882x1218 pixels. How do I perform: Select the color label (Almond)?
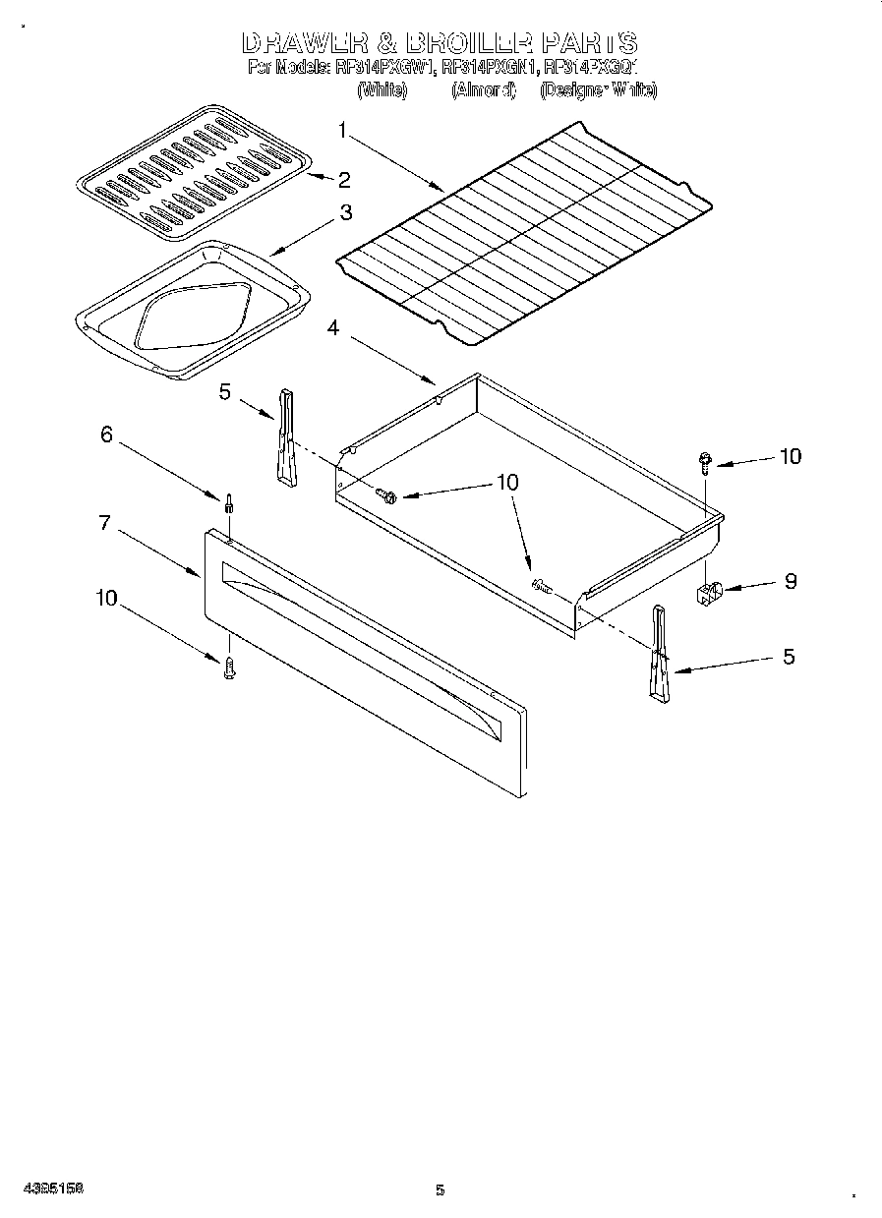(x=483, y=90)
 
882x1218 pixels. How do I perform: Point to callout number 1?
(x=342, y=129)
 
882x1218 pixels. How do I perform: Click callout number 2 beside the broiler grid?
(x=344, y=179)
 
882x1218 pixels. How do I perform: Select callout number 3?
(x=346, y=212)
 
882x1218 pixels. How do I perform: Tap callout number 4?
(x=333, y=328)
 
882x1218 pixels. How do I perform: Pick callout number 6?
(x=107, y=434)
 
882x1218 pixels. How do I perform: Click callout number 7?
(x=104, y=523)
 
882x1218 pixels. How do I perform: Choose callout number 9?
(x=790, y=581)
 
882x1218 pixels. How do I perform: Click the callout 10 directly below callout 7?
(x=107, y=597)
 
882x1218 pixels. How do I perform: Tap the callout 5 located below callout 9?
(x=789, y=657)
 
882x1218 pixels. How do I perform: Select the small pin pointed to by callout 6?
(x=229, y=502)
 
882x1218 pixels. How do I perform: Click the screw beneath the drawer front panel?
(x=229, y=670)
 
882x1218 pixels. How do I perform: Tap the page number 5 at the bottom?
(x=441, y=1190)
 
